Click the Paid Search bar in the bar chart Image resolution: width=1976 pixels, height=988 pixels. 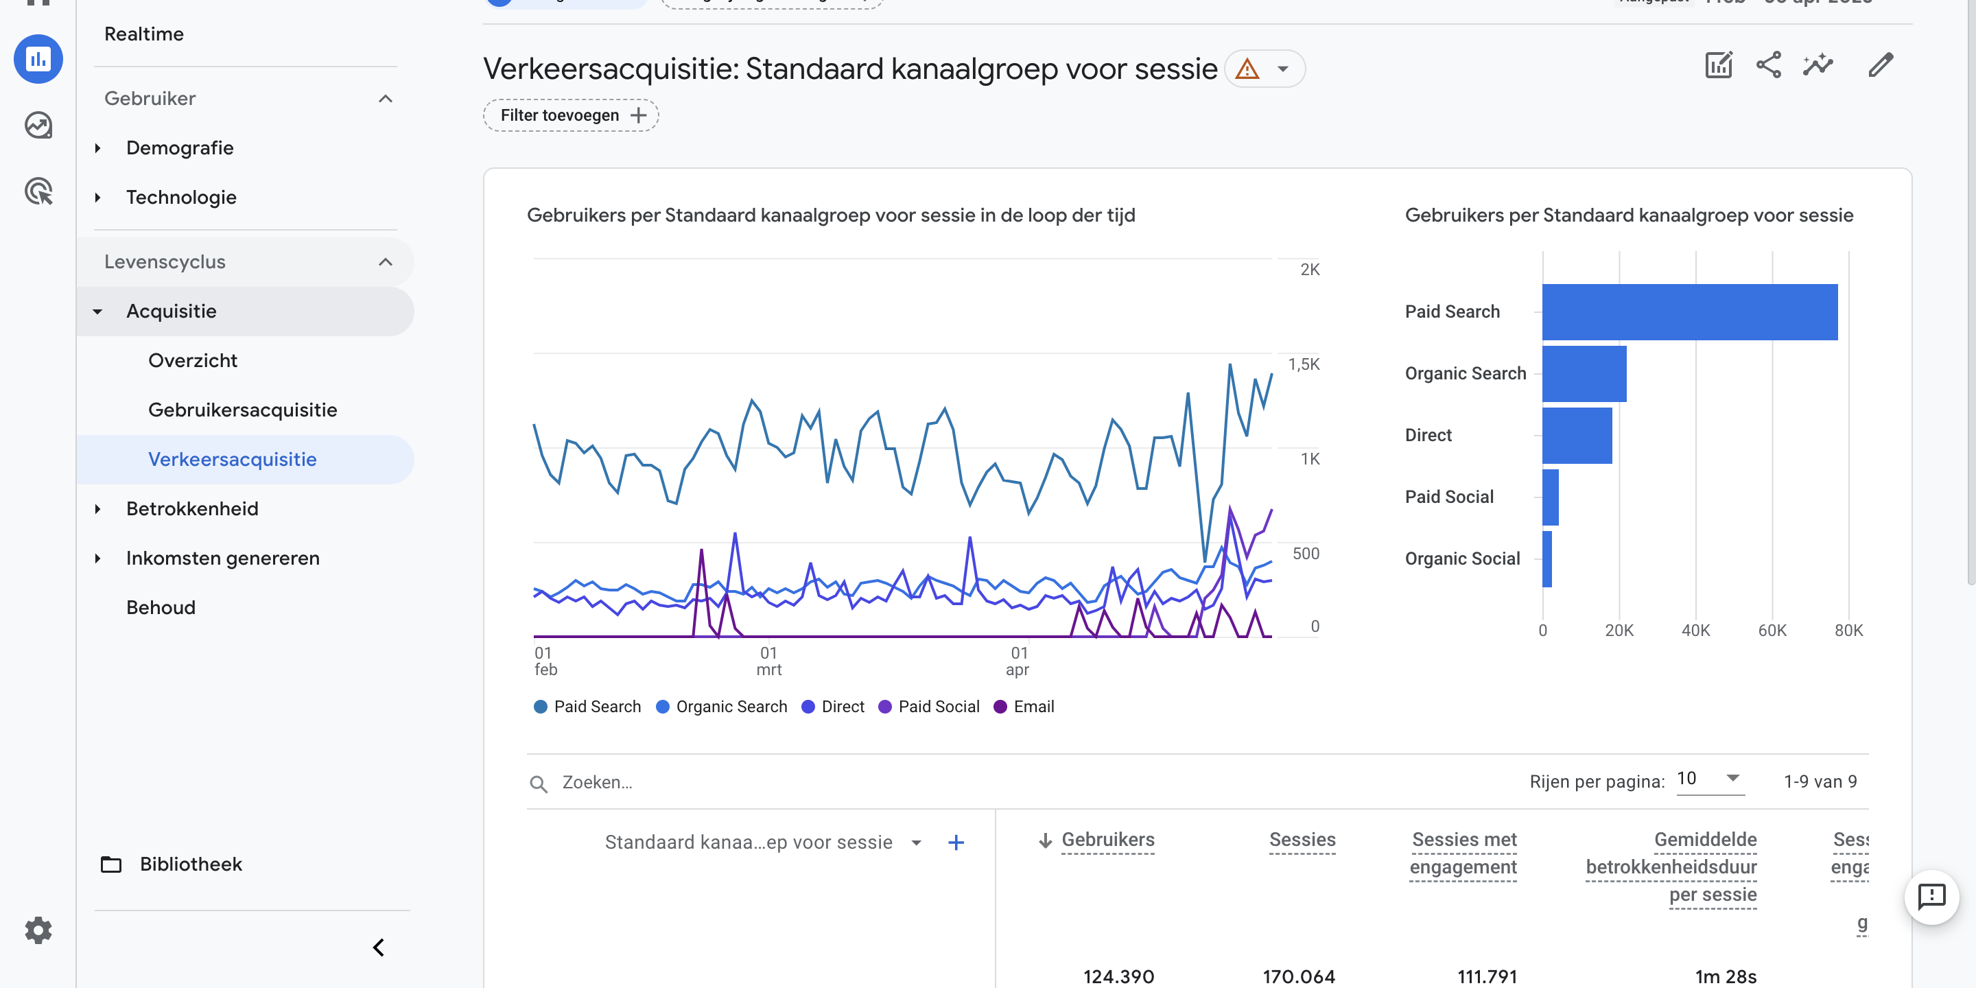1689,311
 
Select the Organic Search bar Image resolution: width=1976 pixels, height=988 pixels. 1584,373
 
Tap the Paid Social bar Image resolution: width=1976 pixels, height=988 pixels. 1551,497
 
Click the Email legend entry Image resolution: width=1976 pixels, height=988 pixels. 1024,707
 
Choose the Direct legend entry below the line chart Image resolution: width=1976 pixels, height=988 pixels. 833,707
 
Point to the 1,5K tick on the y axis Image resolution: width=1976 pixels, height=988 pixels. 1304,364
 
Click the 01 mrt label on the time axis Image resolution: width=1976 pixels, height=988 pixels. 768,661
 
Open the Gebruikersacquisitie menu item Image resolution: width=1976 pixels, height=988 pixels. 242,410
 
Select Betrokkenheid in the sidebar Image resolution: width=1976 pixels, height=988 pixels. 192,508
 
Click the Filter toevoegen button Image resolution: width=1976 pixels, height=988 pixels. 571,115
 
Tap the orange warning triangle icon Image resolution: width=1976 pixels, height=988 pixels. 1247,69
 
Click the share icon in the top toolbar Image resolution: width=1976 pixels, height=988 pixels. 1768,65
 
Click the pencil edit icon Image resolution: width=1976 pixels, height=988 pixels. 1880,65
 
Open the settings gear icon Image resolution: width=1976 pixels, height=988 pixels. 38,930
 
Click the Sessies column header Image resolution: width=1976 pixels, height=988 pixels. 1302,840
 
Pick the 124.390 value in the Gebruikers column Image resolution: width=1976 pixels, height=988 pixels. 1118,976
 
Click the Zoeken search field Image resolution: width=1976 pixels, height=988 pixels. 690,782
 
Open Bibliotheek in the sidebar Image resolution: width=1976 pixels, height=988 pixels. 190,864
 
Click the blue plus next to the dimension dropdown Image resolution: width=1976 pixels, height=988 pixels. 956,843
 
